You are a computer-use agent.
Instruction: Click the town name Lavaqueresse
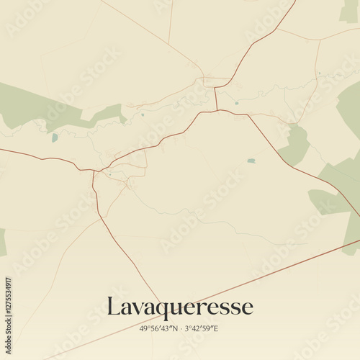coord(180,307)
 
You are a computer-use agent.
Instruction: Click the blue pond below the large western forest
coord(54,137)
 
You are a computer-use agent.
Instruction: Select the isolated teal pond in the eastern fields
coord(251,161)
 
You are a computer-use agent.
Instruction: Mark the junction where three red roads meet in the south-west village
coord(94,171)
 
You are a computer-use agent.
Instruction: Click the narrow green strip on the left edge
coord(2,242)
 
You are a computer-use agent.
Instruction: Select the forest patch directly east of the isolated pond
coord(295,148)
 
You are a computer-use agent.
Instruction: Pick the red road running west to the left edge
coord(36,156)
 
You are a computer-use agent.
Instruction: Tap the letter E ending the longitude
coord(215,329)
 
